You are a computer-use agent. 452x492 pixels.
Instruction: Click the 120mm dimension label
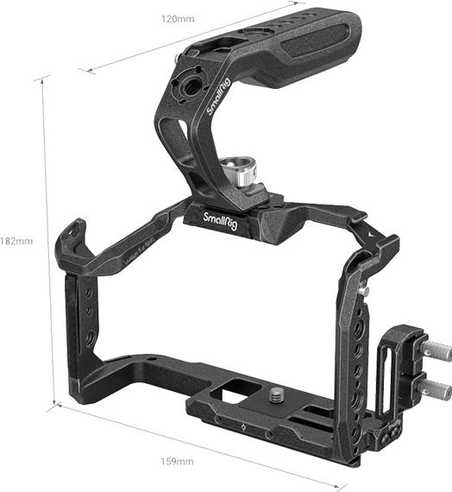click(x=176, y=18)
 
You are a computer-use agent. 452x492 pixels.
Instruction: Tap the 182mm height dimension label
click(x=16, y=241)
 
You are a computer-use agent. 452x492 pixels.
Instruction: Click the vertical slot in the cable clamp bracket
click(x=386, y=363)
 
